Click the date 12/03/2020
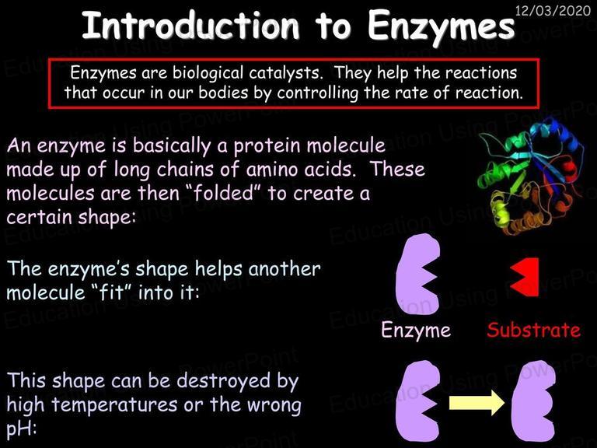[553, 10]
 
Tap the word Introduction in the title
[190, 25]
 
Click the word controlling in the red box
[317, 93]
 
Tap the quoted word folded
[224, 193]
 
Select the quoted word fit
[111, 292]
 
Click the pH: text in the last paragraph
[21, 429]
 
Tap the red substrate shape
[525, 277]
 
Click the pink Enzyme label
[416, 330]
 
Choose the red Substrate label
[533, 330]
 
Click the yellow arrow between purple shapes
[477, 403]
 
